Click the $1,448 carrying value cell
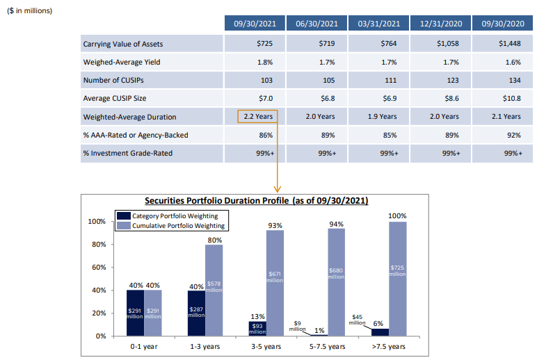coord(502,44)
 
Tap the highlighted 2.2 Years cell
coord(257,116)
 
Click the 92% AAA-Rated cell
coord(502,134)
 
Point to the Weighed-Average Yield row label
coord(122,62)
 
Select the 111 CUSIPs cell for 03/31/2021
coord(379,80)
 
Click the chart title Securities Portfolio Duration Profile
coord(256,200)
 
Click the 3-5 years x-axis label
coord(266,346)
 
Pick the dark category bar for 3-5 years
coord(257,329)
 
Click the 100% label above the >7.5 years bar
coord(397,217)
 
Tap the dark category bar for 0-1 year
coord(135,313)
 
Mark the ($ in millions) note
coord(29,10)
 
